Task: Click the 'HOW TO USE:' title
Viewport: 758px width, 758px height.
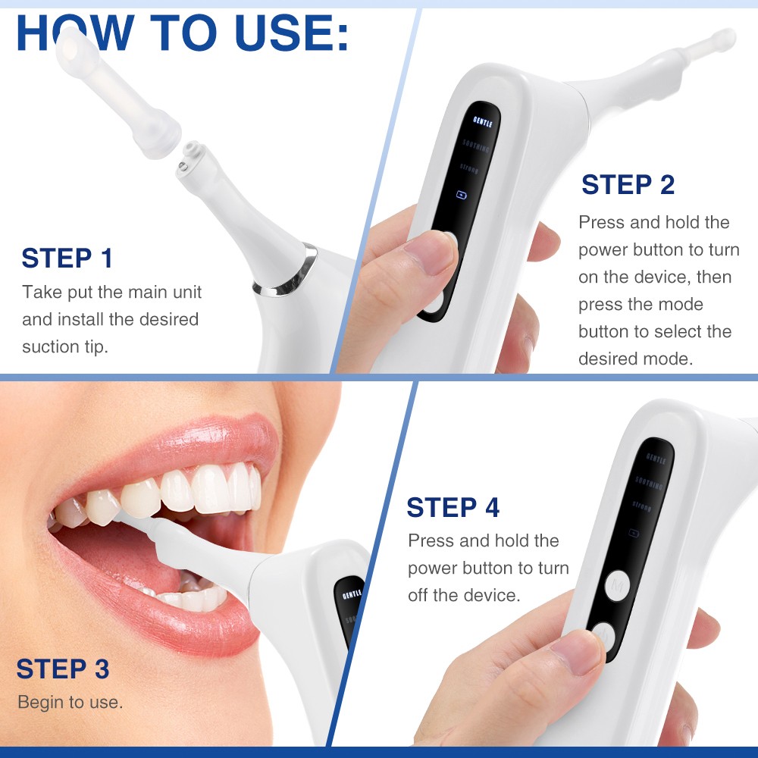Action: (182, 33)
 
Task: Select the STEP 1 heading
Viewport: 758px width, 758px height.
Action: (67, 258)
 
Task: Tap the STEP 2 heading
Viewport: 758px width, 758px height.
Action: (628, 185)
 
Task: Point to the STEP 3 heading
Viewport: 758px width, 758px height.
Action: (63, 669)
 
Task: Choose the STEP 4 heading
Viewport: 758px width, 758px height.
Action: (453, 508)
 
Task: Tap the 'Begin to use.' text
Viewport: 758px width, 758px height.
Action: (70, 703)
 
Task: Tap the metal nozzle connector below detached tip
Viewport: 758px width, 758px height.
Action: (189, 157)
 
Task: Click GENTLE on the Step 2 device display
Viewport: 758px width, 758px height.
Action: (482, 121)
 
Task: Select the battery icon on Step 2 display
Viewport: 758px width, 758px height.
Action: (461, 195)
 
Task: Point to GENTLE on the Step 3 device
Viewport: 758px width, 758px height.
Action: (352, 595)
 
